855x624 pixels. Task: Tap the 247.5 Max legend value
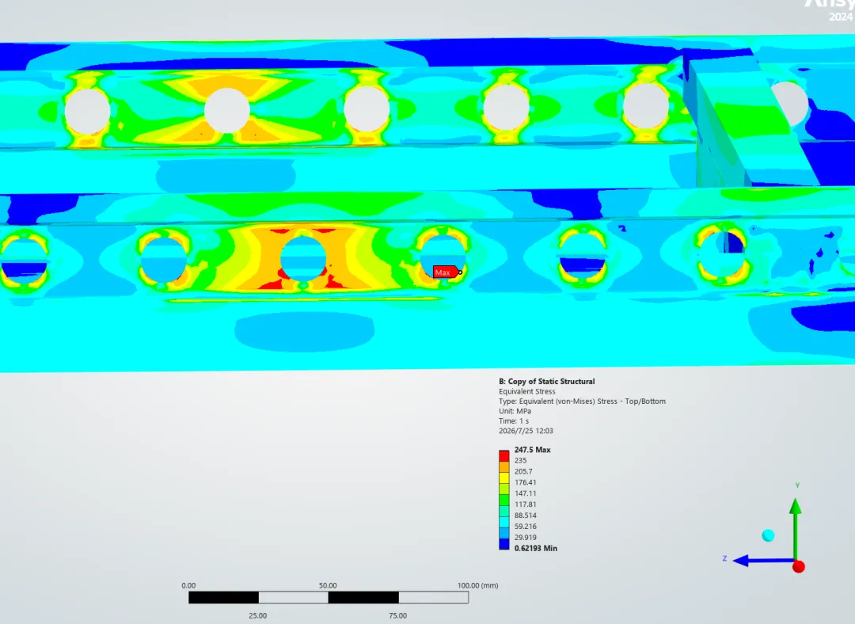click(532, 450)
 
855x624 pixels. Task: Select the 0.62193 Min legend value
click(535, 548)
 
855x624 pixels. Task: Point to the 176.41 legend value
click(525, 483)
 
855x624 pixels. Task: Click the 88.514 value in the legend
click(525, 516)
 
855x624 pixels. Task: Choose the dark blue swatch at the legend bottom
click(503, 544)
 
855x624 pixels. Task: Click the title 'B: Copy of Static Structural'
click(546, 381)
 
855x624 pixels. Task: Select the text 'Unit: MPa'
click(515, 411)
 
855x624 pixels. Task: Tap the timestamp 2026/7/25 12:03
click(526, 431)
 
